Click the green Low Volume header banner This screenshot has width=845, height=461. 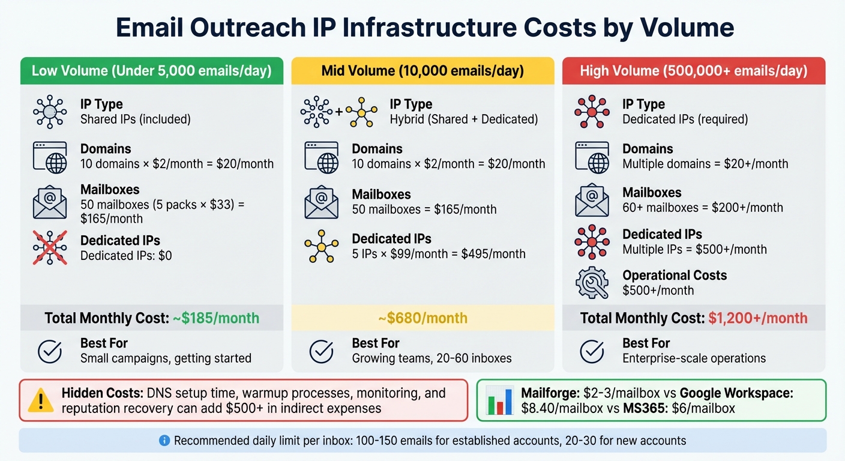(151, 71)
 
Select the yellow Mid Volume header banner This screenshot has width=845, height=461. (422, 71)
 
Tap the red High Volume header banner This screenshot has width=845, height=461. (693, 71)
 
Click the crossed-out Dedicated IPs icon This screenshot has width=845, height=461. (50, 248)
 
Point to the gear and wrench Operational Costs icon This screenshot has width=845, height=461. (592, 283)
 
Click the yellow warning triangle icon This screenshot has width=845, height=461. (41, 400)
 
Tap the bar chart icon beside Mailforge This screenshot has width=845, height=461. (499, 400)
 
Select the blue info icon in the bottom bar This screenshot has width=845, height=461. (164, 441)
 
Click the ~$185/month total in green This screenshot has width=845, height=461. (216, 318)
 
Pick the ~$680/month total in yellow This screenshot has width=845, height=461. (422, 318)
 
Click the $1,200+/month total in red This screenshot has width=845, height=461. (758, 318)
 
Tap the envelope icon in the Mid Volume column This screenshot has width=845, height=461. (321, 202)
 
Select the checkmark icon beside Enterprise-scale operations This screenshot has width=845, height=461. (592, 351)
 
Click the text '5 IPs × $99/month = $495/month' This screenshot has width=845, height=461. (438, 254)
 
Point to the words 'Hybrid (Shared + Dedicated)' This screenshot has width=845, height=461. (463, 119)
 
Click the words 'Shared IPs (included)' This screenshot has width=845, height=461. (135, 119)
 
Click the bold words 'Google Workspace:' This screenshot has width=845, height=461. (736, 394)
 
